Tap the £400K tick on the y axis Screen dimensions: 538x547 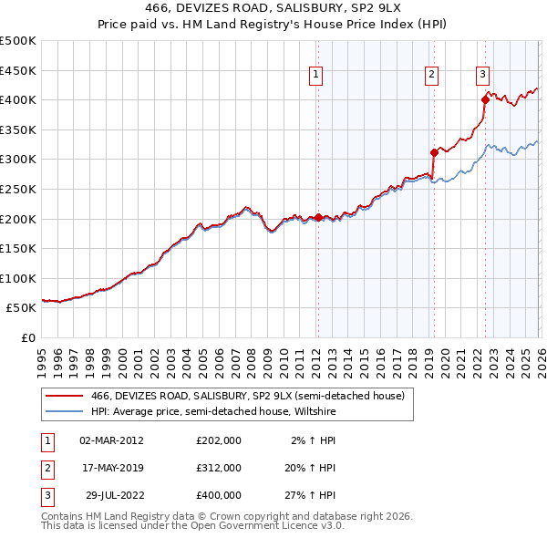(x=18, y=99)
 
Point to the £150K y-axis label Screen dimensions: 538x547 (x=18, y=248)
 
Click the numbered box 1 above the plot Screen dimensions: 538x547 (x=315, y=76)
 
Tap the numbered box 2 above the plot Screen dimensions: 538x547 (x=431, y=76)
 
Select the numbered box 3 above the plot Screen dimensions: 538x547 (x=482, y=76)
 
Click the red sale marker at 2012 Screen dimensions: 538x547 (x=318, y=217)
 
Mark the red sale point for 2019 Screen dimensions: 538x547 (x=434, y=152)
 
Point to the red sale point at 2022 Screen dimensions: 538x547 (x=485, y=100)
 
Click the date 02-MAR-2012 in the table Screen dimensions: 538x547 (x=112, y=440)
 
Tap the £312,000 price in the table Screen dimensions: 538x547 (x=219, y=468)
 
